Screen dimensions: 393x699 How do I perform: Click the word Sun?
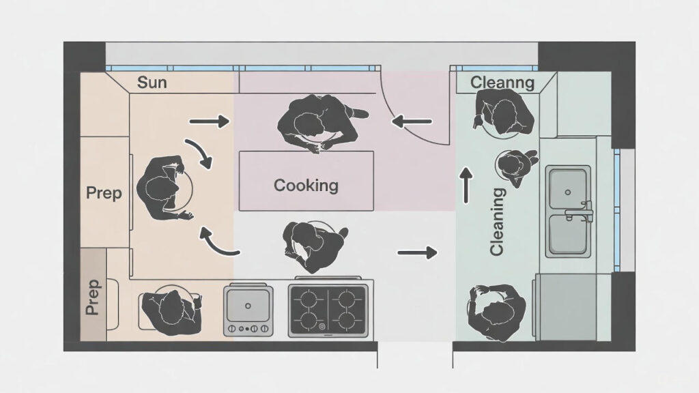click(x=152, y=84)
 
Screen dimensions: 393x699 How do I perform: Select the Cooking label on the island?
click(x=306, y=185)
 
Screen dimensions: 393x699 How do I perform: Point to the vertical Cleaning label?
click(x=497, y=222)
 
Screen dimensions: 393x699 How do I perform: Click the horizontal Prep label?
click(x=104, y=193)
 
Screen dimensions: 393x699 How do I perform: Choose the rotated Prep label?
click(x=93, y=297)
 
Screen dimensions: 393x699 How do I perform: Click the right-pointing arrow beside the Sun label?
click(x=210, y=122)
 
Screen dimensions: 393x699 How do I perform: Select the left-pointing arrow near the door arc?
click(x=413, y=122)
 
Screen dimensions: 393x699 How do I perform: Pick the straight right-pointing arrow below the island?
click(x=416, y=253)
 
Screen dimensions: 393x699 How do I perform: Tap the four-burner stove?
click(x=328, y=310)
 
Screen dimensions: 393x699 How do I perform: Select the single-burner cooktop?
click(x=248, y=309)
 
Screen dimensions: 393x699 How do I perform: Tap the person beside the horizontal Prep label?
click(x=164, y=188)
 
